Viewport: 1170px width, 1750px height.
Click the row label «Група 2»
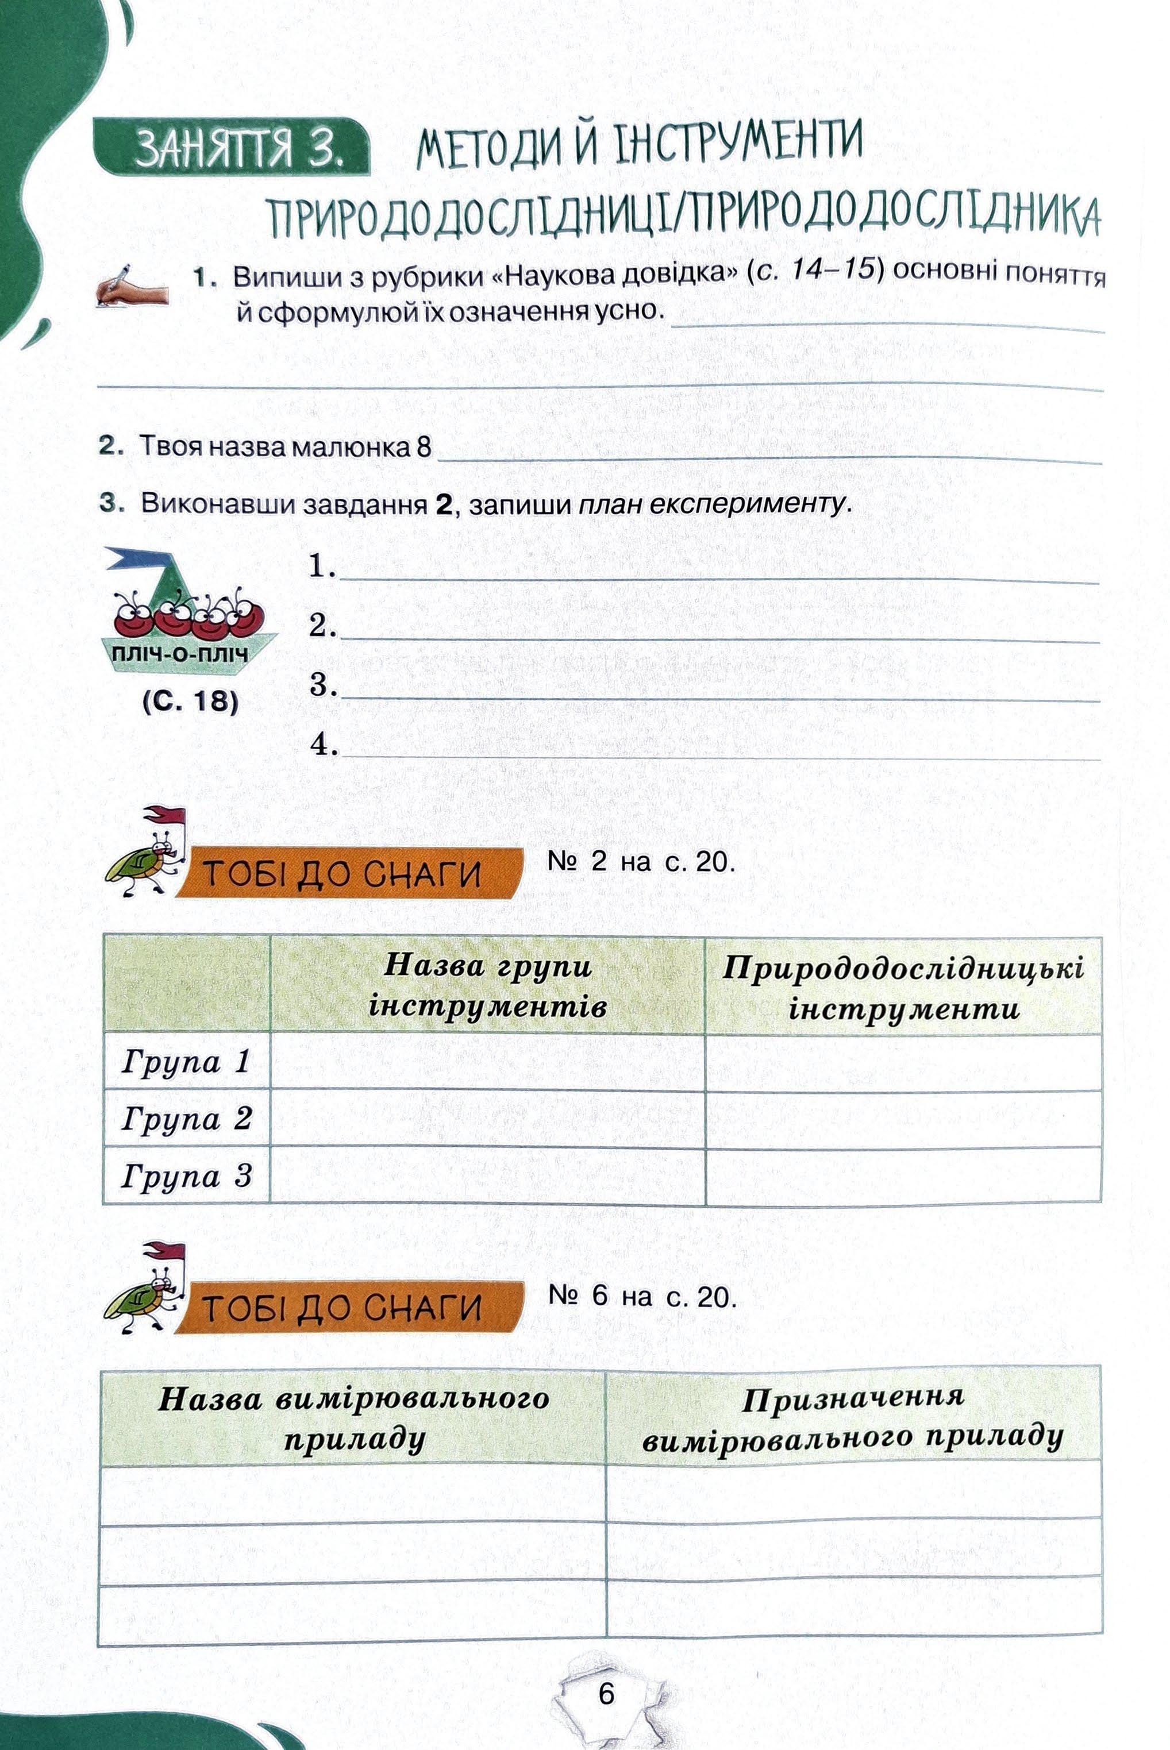pos(187,1118)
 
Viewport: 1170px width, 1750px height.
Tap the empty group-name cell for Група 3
pos(487,1175)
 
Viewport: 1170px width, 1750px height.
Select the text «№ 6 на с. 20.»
pos(642,1297)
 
